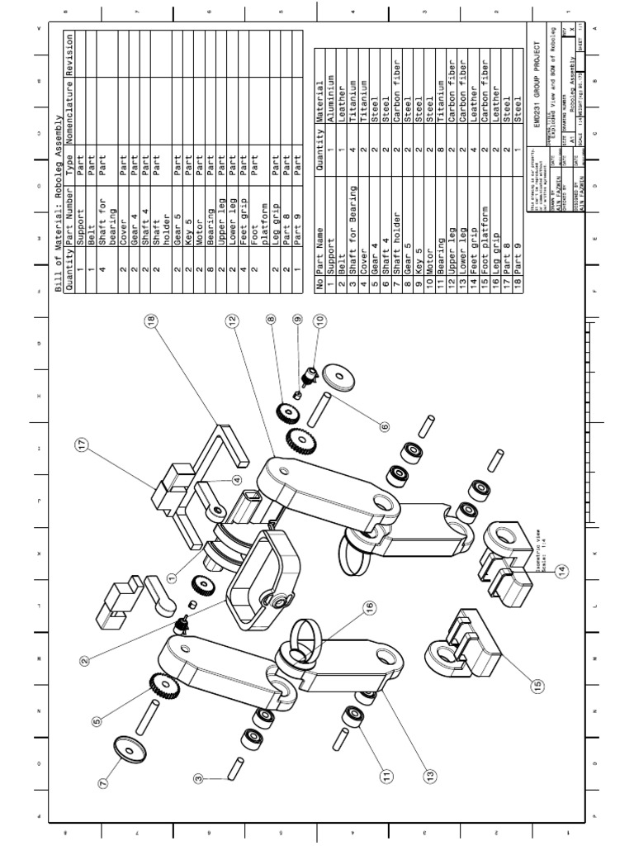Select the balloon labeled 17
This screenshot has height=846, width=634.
click(x=81, y=445)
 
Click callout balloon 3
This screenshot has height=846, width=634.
click(x=198, y=777)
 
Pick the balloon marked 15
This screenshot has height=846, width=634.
click(x=537, y=685)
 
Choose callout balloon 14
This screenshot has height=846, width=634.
click(x=562, y=570)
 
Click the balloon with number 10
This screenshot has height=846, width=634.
click(x=319, y=319)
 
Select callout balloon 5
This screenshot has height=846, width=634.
click(x=97, y=720)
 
